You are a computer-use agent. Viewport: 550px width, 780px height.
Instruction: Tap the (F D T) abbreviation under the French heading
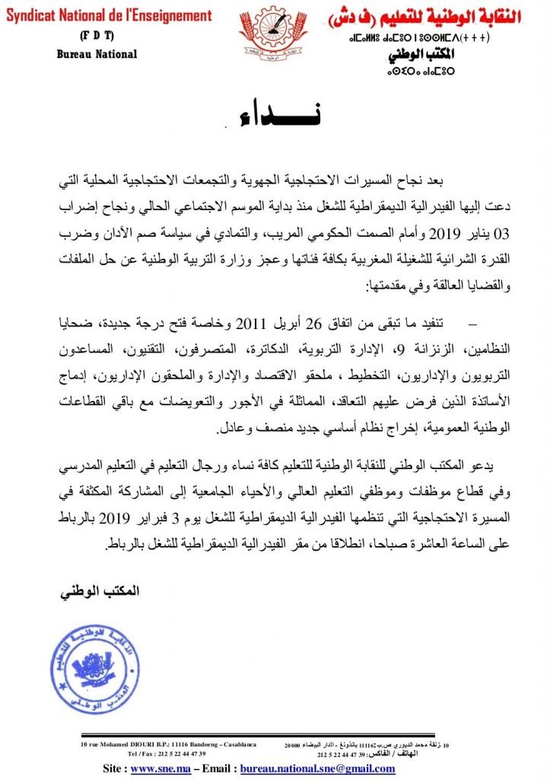97,36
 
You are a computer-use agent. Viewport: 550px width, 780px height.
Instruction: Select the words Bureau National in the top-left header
97,54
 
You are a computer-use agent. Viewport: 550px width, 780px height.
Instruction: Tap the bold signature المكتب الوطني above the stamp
95,591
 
